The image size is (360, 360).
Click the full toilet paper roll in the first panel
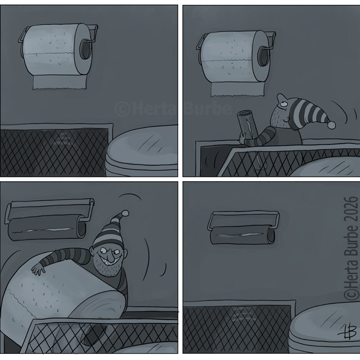(x=57, y=49)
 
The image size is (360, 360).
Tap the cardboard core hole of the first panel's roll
(x=85, y=49)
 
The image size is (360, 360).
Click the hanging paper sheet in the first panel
(x=60, y=82)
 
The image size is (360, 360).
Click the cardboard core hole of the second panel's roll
(x=263, y=57)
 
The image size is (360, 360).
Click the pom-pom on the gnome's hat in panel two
(x=331, y=125)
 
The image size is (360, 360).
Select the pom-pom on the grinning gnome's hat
(x=125, y=213)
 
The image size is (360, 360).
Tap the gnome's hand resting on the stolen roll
(x=38, y=269)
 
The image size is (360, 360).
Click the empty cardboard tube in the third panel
(x=47, y=229)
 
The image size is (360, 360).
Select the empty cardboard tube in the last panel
(x=243, y=235)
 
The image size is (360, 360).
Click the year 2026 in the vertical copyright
(x=352, y=208)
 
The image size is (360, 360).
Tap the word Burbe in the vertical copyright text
(x=352, y=241)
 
